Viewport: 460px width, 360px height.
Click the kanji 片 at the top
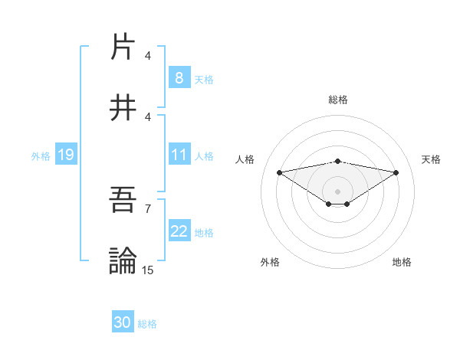point(123,47)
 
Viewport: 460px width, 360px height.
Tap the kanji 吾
point(123,200)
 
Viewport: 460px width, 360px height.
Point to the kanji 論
point(123,261)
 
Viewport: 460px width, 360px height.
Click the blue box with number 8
point(179,78)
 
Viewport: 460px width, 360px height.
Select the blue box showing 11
point(179,155)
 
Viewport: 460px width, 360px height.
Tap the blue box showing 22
point(179,231)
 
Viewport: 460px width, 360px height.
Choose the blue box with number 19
point(65,155)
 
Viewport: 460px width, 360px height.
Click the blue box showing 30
point(123,323)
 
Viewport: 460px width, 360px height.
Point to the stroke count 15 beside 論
point(148,270)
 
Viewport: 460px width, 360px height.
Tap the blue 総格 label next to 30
point(147,324)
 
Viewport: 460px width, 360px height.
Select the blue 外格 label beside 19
point(41,156)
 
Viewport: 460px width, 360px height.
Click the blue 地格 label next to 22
point(204,232)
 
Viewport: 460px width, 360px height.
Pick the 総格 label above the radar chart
point(338,100)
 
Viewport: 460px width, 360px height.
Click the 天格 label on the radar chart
point(432,159)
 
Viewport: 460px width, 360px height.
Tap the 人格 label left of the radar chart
point(246,159)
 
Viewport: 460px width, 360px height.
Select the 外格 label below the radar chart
point(270,262)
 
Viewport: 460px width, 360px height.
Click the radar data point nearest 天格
point(396,172)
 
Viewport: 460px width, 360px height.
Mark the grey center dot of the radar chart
point(338,191)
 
